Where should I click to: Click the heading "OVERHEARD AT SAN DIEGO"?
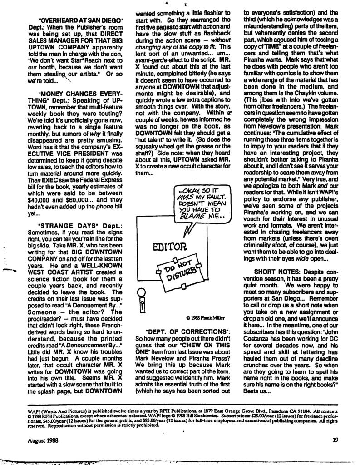tap(81, 20)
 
